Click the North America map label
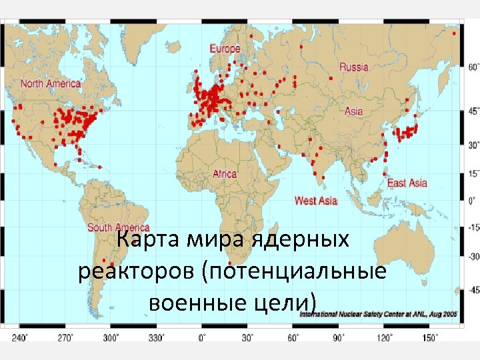[51, 84]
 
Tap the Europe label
[225, 49]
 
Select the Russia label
[353, 67]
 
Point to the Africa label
[225, 174]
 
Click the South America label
[119, 227]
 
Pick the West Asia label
[315, 200]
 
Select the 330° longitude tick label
[157, 337]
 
